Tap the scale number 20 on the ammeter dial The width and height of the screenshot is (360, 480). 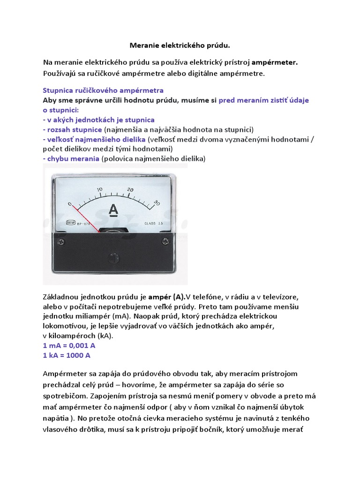[130, 189]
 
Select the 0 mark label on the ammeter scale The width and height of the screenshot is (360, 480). [70, 204]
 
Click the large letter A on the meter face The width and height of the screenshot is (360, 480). [113, 210]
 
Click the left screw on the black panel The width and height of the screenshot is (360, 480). [60, 241]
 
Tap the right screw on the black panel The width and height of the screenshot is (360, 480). [165, 241]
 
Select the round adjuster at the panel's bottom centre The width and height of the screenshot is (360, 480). [112, 257]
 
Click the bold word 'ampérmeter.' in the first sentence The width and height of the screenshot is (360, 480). [275, 62]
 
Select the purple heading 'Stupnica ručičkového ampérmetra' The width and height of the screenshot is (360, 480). [103, 90]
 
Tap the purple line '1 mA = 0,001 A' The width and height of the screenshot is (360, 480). [69, 345]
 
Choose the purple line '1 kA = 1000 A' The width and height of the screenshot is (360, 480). [67, 355]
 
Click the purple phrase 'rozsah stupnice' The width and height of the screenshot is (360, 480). [75, 129]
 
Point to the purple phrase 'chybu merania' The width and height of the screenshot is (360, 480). [71, 158]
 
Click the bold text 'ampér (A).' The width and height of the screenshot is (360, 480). [167, 297]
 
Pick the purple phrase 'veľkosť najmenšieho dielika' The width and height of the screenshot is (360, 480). [95, 139]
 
